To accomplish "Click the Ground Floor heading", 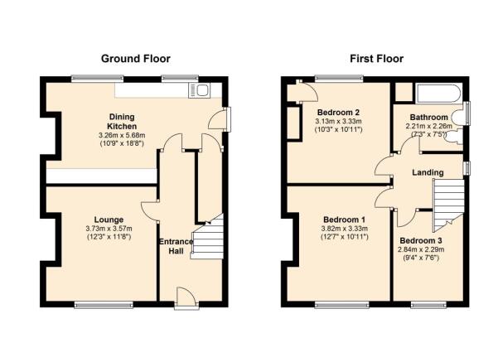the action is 136,59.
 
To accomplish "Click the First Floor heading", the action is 377,59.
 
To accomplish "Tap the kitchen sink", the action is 199,90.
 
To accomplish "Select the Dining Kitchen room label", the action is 122,121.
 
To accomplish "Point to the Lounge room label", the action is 109,220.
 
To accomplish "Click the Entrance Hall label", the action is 176,246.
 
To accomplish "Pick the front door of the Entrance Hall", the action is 186,298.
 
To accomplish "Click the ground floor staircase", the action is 207,237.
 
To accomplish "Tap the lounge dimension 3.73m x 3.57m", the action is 109,229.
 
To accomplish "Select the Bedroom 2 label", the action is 339,113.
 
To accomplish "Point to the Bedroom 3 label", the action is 421,241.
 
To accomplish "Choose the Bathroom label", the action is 428,117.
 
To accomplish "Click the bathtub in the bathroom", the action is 438,93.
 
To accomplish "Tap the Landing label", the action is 428,172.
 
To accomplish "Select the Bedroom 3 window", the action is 428,305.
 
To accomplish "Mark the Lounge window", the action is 104,305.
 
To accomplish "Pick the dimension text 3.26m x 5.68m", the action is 122,135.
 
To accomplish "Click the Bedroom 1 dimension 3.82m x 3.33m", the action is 344,229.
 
